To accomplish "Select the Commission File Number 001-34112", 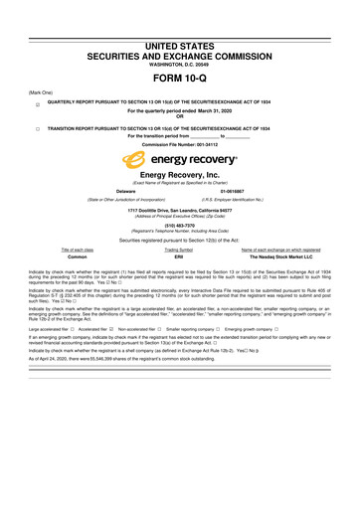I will (x=180, y=144).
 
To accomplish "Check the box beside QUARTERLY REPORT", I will (x=36, y=103).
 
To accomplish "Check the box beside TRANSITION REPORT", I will (x=36, y=129).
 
